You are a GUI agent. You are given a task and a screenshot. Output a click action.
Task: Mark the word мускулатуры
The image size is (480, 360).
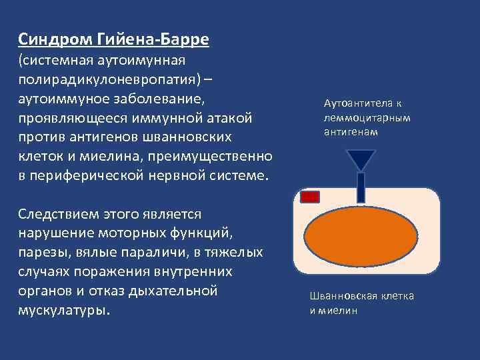64,311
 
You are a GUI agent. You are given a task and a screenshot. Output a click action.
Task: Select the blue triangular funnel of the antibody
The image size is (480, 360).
361,159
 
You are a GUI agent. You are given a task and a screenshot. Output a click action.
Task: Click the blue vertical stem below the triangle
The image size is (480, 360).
361,187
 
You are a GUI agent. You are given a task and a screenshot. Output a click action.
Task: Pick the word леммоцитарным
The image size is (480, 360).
366,118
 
